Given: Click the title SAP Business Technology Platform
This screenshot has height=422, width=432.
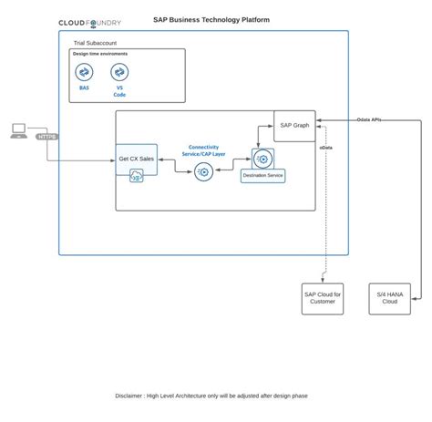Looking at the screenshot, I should [x=211, y=19].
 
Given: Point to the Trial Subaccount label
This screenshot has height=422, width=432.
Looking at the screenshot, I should [x=95, y=43].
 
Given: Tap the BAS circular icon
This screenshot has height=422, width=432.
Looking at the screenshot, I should [x=84, y=72].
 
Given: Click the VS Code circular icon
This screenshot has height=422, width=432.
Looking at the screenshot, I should [x=118, y=72].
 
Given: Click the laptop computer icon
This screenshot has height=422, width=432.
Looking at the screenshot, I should [x=18, y=130].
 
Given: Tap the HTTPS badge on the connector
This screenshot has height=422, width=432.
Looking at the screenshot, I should [x=47, y=137].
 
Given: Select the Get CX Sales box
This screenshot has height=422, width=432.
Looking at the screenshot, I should [x=137, y=159].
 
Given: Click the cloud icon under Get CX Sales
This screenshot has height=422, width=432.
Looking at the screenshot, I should [x=137, y=177].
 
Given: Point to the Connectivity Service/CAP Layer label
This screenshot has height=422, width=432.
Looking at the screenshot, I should [x=207, y=150].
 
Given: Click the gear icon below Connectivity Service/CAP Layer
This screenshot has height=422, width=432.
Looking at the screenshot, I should [x=203, y=170].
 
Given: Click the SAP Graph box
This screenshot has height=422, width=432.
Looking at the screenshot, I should [x=295, y=126].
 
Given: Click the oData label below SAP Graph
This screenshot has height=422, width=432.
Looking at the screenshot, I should [x=325, y=148].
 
